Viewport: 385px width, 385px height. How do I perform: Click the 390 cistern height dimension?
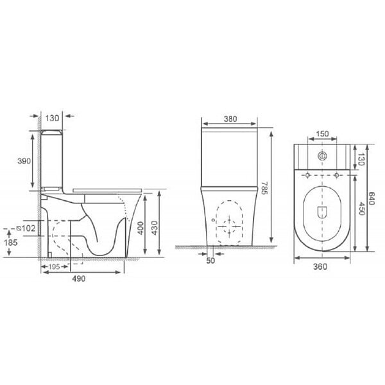[24, 161]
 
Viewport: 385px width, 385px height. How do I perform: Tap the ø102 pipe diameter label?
[26, 228]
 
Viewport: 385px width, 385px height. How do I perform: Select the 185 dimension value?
[11, 243]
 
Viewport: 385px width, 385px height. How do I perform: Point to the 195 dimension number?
[55, 267]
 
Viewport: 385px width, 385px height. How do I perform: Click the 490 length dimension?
[79, 278]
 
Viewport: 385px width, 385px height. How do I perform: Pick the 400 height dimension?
[141, 228]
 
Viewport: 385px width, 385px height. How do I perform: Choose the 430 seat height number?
[155, 228]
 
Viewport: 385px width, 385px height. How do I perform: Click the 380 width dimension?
[230, 119]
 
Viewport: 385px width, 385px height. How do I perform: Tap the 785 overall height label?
[264, 188]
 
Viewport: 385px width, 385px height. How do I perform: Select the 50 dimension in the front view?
[210, 261]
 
